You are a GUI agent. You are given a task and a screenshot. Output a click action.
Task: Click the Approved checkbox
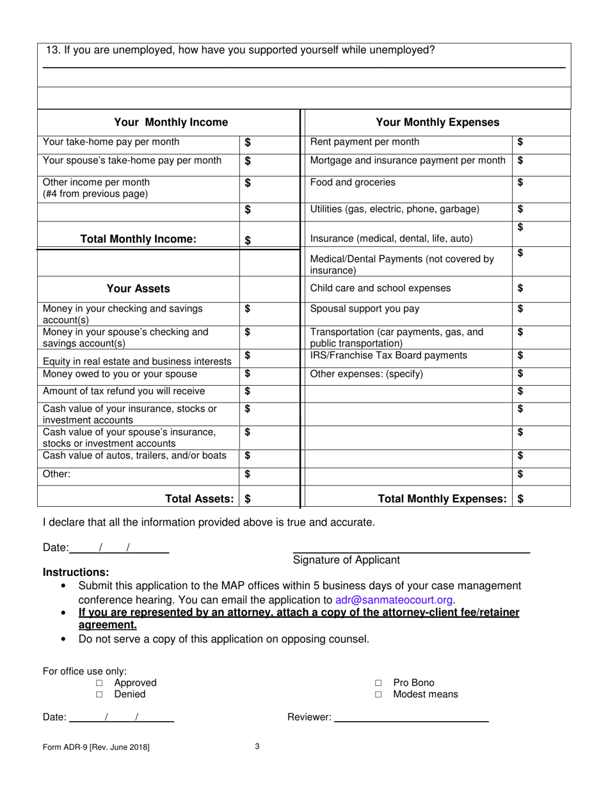point(99,683)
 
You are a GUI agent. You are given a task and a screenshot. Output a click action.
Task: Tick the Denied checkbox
point(99,695)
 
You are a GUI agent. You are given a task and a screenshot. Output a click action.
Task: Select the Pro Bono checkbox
point(378,683)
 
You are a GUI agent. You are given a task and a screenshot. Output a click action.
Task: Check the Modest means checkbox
point(378,695)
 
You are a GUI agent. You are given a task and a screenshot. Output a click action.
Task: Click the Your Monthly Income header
point(170,122)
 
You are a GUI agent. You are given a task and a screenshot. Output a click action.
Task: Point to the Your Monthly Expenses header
point(437,122)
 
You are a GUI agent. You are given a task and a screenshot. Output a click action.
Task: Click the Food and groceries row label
point(353,183)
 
